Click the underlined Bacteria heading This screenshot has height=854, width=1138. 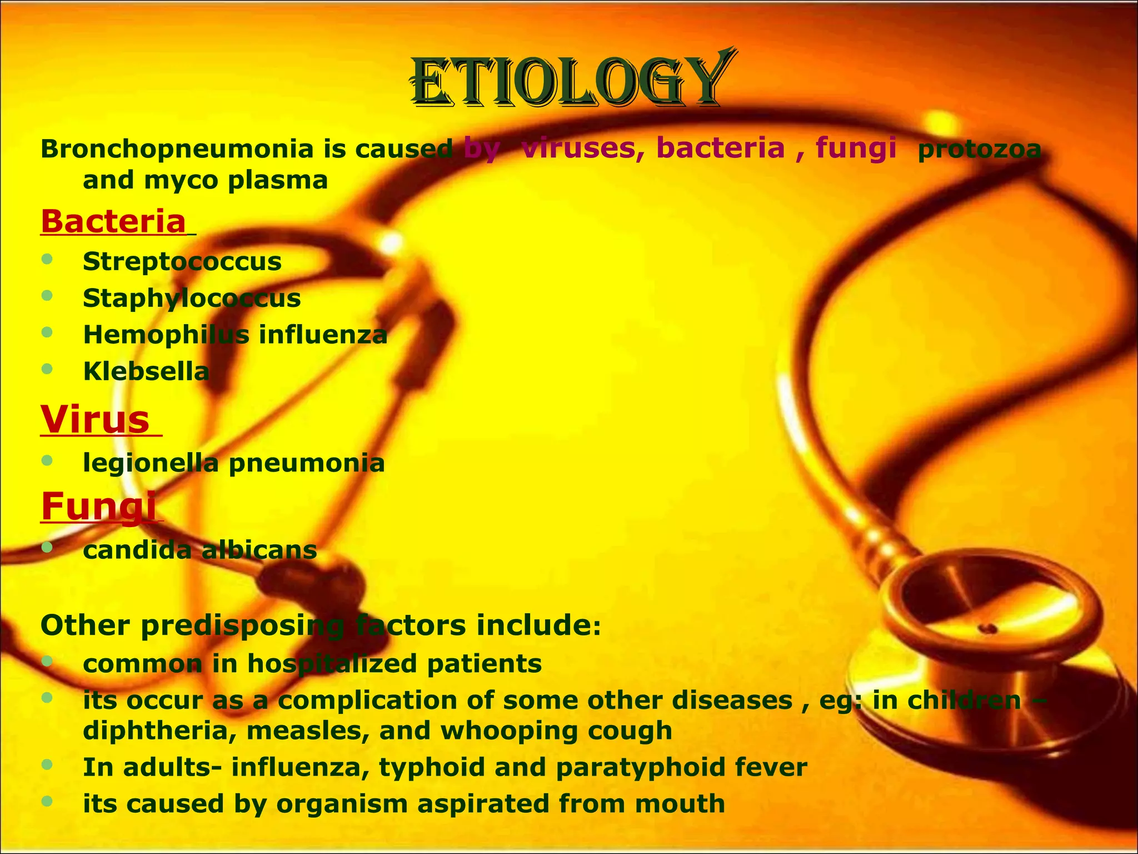click(x=113, y=221)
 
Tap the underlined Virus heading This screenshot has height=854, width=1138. click(x=96, y=419)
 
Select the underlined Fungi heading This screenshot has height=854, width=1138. click(x=98, y=506)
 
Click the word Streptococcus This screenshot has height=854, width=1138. click(x=182, y=261)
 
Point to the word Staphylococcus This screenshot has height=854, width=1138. click(x=192, y=298)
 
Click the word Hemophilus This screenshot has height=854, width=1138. click(x=166, y=335)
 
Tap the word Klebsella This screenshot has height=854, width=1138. click(x=146, y=371)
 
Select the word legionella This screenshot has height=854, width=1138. click(x=151, y=463)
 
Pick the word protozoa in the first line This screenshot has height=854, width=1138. click(x=979, y=149)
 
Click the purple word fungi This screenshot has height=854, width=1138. click(x=856, y=148)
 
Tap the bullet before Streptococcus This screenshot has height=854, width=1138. click(x=47, y=259)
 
